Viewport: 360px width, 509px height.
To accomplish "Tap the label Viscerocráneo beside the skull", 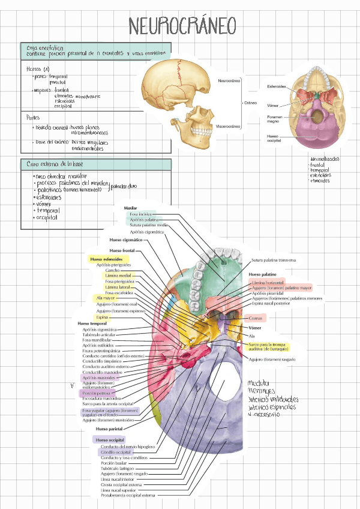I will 228,126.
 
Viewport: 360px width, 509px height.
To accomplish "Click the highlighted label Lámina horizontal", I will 268,282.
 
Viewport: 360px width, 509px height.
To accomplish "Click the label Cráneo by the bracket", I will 250,103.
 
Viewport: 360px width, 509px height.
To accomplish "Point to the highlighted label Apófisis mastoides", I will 100,378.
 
